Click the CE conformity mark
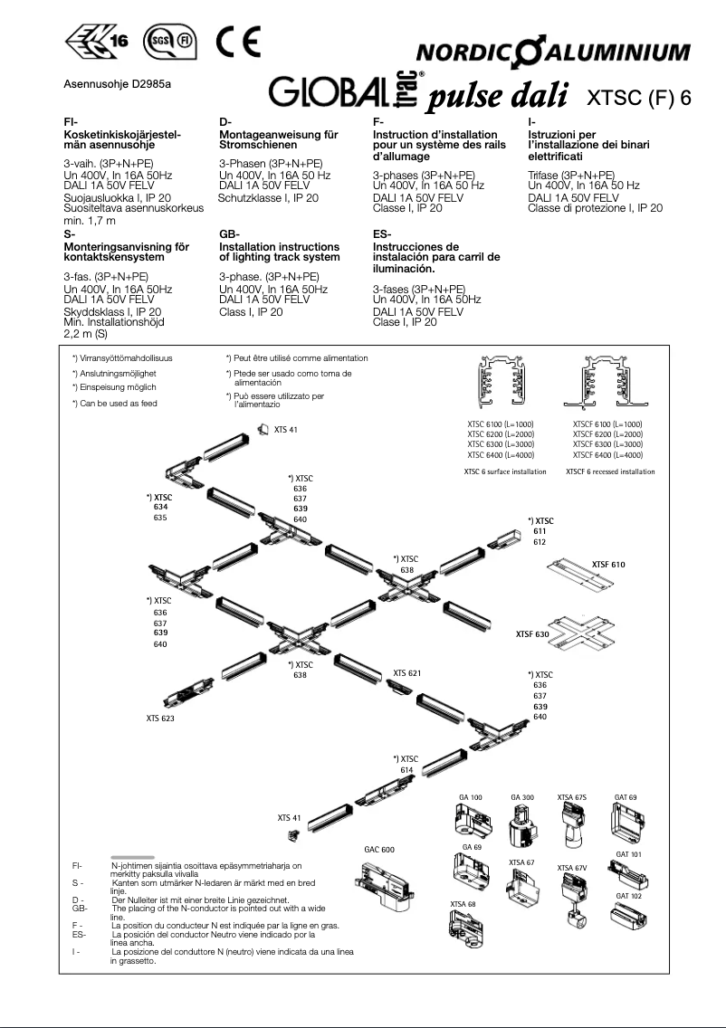(x=239, y=43)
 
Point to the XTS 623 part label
(x=160, y=719)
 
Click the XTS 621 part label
(x=406, y=673)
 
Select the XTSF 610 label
(x=608, y=565)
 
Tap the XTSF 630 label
(x=532, y=635)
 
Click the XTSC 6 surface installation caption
(x=504, y=471)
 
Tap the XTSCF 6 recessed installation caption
(x=610, y=471)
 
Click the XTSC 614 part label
(x=406, y=763)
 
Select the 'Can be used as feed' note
(x=115, y=403)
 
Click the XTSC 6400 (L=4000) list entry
(x=501, y=455)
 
